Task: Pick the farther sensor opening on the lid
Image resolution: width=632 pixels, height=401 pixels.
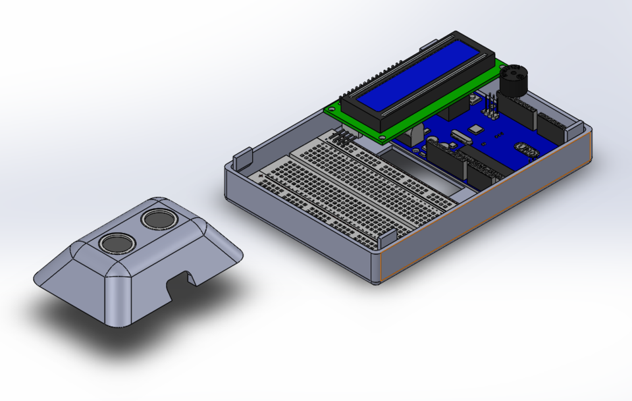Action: tap(158, 218)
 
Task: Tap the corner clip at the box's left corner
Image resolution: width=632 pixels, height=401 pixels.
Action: tap(242, 159)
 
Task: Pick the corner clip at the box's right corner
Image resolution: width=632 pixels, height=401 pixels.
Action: tap(572, 126)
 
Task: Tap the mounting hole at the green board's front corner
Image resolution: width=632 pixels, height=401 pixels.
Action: tap(381, 136)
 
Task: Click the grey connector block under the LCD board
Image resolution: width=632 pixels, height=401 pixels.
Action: tap(413, 137)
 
